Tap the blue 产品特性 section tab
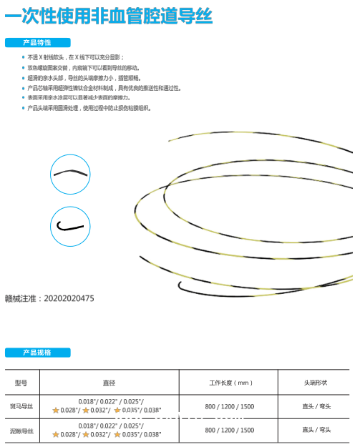tap(38, 42)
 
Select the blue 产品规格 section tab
tap(38, 353)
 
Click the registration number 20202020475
tap(69, 298)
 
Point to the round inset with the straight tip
tap(70, 172)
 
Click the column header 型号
tap(20, 383)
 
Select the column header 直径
tap(109, 383)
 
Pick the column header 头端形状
tap(316, 383)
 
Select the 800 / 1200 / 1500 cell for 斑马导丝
tap(229, 406)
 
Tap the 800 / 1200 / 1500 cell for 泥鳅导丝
tap(229, 431)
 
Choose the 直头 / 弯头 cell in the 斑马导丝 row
tap(316, 406)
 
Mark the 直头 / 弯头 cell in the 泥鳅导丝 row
tap(316, 430)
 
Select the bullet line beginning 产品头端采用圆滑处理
tap(89, 108)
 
